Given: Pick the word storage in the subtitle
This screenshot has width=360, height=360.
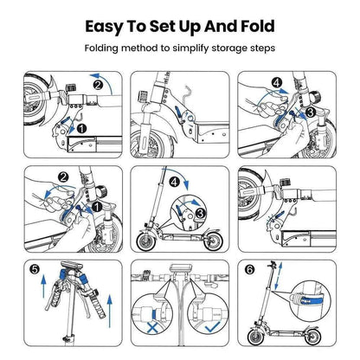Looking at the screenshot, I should [x=233, y=49].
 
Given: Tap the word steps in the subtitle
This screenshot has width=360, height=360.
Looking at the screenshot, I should [x=270, y=49].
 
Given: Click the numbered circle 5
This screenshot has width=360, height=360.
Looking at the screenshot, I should [x=32, y=270].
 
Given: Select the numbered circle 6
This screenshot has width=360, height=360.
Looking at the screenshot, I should [x=251, y=270].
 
